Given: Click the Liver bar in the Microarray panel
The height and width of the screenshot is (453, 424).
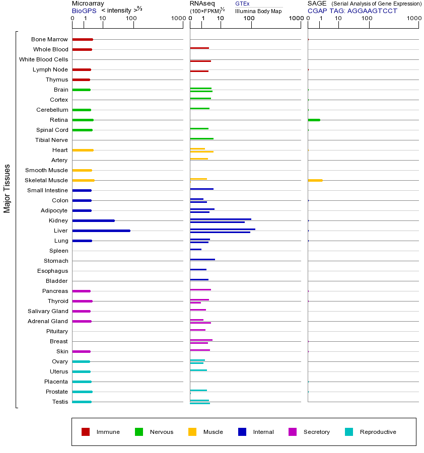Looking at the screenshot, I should tap(101, 231).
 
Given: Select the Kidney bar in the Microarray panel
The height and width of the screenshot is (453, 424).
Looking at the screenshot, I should tap(93, 220).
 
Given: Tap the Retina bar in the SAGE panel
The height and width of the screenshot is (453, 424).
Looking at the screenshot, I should tap(314, 120).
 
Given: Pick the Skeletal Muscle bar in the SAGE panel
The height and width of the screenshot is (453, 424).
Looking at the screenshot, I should tap(315, 180).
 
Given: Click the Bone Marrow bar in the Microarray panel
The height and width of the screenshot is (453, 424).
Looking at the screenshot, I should tap(83, 39).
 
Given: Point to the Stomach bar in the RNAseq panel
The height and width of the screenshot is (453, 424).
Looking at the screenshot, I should tap(202, 259).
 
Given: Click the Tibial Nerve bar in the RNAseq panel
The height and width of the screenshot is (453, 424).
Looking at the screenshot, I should tap(201, 138).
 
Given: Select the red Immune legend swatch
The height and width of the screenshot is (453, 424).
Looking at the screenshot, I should tap(86, 432).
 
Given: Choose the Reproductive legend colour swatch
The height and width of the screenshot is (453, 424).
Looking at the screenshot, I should tap(349, 432).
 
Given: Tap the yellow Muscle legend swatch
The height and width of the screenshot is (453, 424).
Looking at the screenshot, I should tap(192, 432).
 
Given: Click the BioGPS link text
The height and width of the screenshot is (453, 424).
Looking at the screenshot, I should tap(84, 11).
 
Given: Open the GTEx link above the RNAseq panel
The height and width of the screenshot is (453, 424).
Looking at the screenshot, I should tap(242, 4).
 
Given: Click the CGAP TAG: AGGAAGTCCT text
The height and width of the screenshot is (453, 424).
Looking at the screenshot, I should tap(352, 11).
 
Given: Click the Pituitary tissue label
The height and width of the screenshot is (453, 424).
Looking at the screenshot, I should tap(57, 331).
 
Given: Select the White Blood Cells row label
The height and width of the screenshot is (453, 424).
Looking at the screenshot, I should tap(43, 59).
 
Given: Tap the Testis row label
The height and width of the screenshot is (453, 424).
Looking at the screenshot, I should tap(60, 402).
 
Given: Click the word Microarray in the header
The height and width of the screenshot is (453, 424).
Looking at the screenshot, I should tap(88, 4).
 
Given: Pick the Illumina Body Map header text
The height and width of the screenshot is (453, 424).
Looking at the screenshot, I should tap(258, 11).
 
